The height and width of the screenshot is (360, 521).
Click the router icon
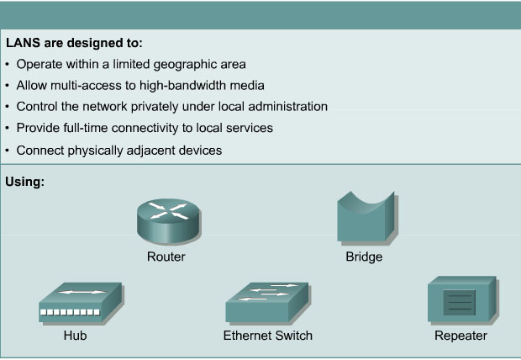click(169, 221)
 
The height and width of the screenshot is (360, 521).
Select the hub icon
click(81, 304)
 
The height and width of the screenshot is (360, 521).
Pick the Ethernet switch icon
click(267, 303)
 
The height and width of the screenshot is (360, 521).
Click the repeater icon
click(462, 300)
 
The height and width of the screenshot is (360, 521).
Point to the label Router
click(166, 257)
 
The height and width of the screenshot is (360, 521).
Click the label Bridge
click(364, 257)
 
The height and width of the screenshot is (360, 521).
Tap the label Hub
click(75, 336)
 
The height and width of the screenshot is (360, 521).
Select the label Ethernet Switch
click(268, 336)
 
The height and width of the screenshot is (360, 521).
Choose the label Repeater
click(460, 336)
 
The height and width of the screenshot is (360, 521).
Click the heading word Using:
click(25, 182)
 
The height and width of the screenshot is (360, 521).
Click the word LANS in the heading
click(23, 43)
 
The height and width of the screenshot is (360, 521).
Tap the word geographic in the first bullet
click(185, 65)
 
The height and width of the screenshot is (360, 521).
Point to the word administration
click(287, 107)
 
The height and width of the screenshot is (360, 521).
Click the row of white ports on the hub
click(70, 312)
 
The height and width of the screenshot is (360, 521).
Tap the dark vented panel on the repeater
click(459, 303)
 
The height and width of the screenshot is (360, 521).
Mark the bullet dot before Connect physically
click(8, 151)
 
